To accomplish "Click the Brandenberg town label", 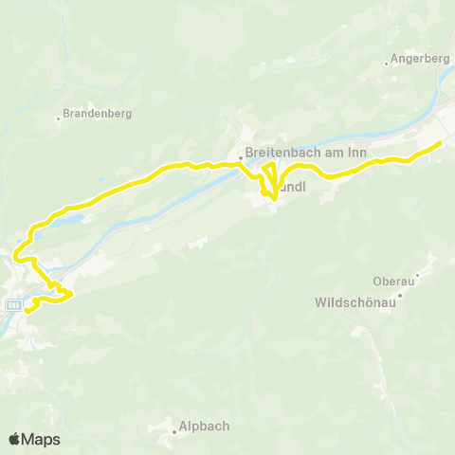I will coord(99,114).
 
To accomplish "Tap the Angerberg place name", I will coord(418,59).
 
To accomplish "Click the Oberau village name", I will coord(393,281).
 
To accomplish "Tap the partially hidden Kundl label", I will coord(292,188).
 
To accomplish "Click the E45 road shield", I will coord(13,305).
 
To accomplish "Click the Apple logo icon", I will coord(15,439).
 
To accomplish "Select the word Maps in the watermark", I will coord(42,439).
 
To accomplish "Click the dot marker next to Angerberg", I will coord(388,64).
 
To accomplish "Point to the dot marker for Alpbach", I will coord(175,432).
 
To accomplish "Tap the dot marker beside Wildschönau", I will coord(399,296).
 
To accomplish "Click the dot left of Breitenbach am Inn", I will coord(241,158).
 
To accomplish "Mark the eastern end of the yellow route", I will coord(440,143).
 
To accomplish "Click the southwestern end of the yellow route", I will coord(27,309).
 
